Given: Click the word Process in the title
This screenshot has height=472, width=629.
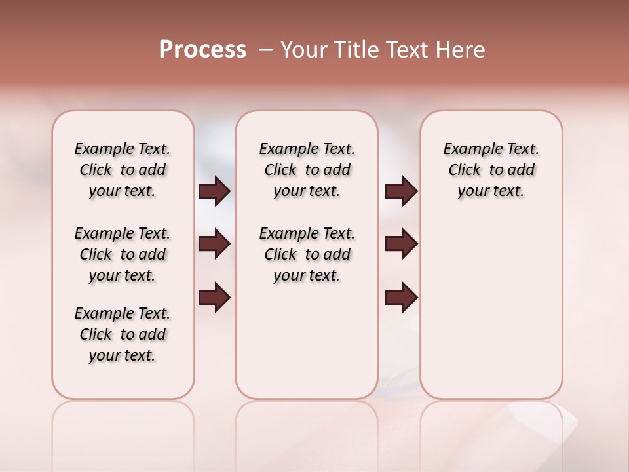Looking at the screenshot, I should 202,50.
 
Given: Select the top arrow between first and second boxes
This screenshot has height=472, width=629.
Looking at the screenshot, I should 214,191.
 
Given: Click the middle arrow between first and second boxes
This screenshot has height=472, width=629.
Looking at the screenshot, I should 214,244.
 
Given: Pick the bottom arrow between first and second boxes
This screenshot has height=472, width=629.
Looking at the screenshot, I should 214,298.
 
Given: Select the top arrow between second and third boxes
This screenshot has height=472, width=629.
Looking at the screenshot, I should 401,191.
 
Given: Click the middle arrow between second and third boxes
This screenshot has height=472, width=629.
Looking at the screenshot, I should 401,244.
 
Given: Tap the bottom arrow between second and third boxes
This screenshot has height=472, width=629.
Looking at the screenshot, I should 401,298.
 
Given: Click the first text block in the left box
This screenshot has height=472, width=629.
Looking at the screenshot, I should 123,170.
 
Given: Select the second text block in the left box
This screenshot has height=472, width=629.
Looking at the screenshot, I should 123,254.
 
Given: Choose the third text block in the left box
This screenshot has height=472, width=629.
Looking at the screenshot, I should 123,334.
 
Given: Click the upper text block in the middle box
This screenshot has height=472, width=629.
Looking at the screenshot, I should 307,170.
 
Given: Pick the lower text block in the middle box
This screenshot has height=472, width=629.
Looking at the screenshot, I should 307,254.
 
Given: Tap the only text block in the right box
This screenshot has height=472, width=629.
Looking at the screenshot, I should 491,170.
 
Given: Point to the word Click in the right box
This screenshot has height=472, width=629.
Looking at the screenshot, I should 465,170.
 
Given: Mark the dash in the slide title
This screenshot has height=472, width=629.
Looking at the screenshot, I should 265,50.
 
